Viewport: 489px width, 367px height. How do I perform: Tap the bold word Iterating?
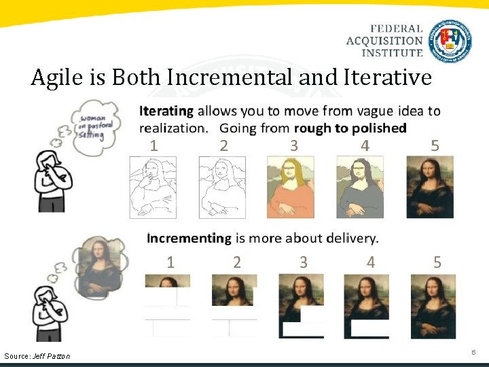[166, 111]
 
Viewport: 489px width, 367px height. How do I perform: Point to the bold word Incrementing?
[189, 238]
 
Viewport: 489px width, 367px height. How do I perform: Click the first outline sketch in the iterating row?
[153, 187]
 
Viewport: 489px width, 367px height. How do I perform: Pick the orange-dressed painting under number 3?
[290, 187]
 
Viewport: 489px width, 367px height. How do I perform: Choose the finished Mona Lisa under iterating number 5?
[430, 187]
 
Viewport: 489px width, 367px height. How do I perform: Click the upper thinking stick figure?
[51, 180]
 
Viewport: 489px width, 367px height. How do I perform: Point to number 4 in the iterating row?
[365, 145]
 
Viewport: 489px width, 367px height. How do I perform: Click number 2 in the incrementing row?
[236, 262]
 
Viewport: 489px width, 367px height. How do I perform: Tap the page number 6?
[473, 352]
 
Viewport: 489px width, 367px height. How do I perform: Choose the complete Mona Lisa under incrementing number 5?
[433, 306]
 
